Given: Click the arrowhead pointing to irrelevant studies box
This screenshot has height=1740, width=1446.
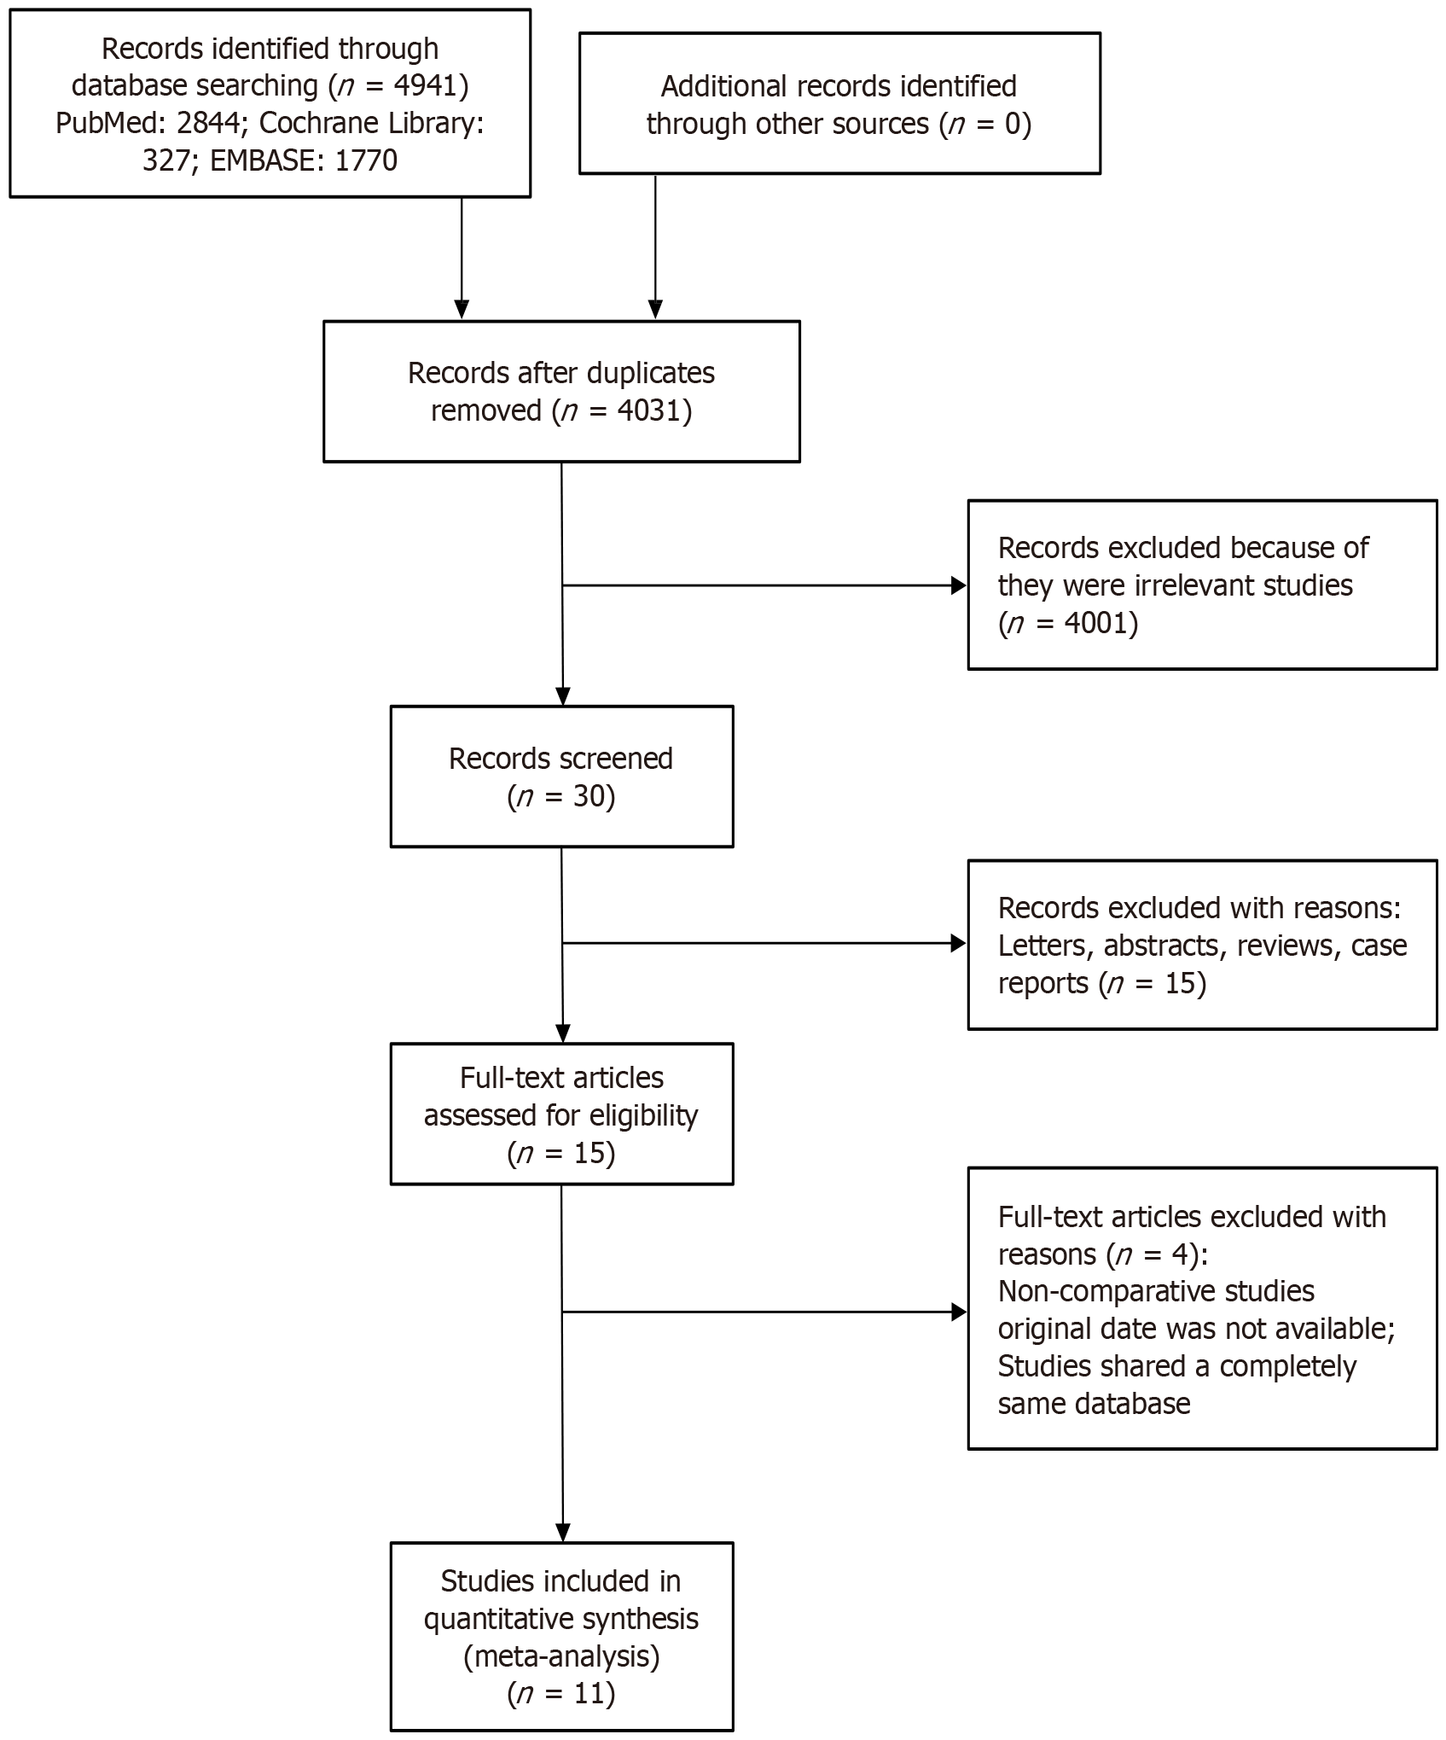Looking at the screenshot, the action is (x=959, y=585).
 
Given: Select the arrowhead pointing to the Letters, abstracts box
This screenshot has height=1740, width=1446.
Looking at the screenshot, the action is (x=959, y=943).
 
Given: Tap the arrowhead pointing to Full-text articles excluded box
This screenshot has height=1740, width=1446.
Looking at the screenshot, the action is (x=959, y=1312).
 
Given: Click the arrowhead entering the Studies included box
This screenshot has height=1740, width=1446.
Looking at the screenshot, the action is (x=563, y=1533).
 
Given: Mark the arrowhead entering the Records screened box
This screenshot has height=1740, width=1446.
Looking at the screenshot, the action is (x=563, y=696).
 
